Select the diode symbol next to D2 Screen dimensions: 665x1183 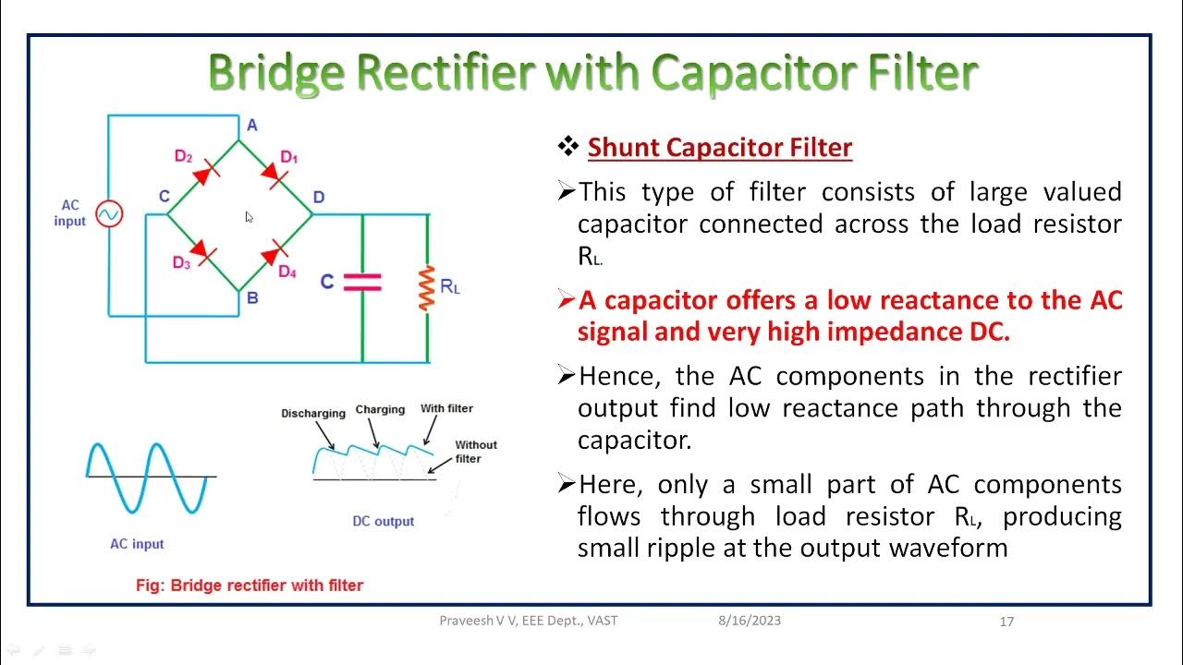click(x=209, y=169)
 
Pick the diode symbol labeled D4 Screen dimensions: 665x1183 click(x=274, y=253)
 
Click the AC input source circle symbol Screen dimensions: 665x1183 click(x=109, y=214)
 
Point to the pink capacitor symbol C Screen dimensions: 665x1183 click(x=362, y=282)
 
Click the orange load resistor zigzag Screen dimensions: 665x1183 click(x=427, y=287)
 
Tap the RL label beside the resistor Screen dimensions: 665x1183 click(x=450, y=286)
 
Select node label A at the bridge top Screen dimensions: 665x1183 click(x=251, y=125)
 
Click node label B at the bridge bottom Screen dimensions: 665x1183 click(x=251, y=297)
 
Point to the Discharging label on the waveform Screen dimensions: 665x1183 click(x=313, y=413)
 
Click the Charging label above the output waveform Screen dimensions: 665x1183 click(x=380, y=409)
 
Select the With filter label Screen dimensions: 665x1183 click(x=446, y=408)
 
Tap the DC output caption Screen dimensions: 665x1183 click(x=384, y=521)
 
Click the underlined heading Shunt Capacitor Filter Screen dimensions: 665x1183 click(x=719, y=147)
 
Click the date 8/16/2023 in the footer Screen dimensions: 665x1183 click(x=749, y=621)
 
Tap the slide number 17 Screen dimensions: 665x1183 click(x=1006, y=622)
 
